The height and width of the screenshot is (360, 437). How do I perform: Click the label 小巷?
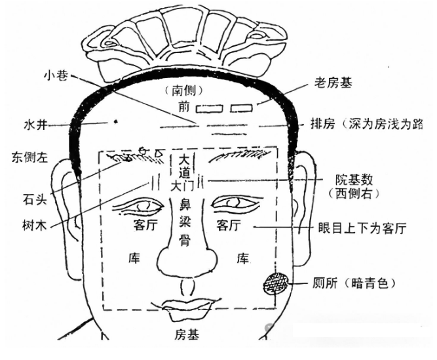pos(56,75)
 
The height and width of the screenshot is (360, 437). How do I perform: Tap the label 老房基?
pos(333,83)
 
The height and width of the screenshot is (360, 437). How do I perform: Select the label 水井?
pos(36,125)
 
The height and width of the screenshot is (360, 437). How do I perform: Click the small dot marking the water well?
pos(116,121)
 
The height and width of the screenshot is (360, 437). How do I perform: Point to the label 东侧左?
pos(30,157)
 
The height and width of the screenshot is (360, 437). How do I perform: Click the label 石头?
pos(35,199)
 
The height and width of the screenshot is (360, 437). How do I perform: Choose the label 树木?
pos(35,226)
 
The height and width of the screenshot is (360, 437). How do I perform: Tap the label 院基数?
pos(354,180)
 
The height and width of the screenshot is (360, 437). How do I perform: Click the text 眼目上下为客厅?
pos(362,228)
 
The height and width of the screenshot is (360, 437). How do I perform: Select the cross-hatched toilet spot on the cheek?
pos(276,284)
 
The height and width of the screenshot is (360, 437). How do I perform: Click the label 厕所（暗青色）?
pos(354,283)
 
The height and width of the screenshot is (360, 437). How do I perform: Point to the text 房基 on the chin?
pos(187,334)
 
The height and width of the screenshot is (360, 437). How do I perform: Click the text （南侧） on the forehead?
pos(183,90)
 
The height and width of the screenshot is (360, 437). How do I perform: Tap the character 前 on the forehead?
pos(184,106)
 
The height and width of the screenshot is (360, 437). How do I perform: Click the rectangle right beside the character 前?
pos(210,108)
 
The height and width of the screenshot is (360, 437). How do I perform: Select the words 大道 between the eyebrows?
pos(184,167)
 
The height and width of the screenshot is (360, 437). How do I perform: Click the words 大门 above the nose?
pos(183,186)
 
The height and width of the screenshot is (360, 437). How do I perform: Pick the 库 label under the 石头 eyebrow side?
pos(134,258)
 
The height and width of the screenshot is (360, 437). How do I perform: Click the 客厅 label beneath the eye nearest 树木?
pos(145,226)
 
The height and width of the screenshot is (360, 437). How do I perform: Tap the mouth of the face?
pos(186,308)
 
